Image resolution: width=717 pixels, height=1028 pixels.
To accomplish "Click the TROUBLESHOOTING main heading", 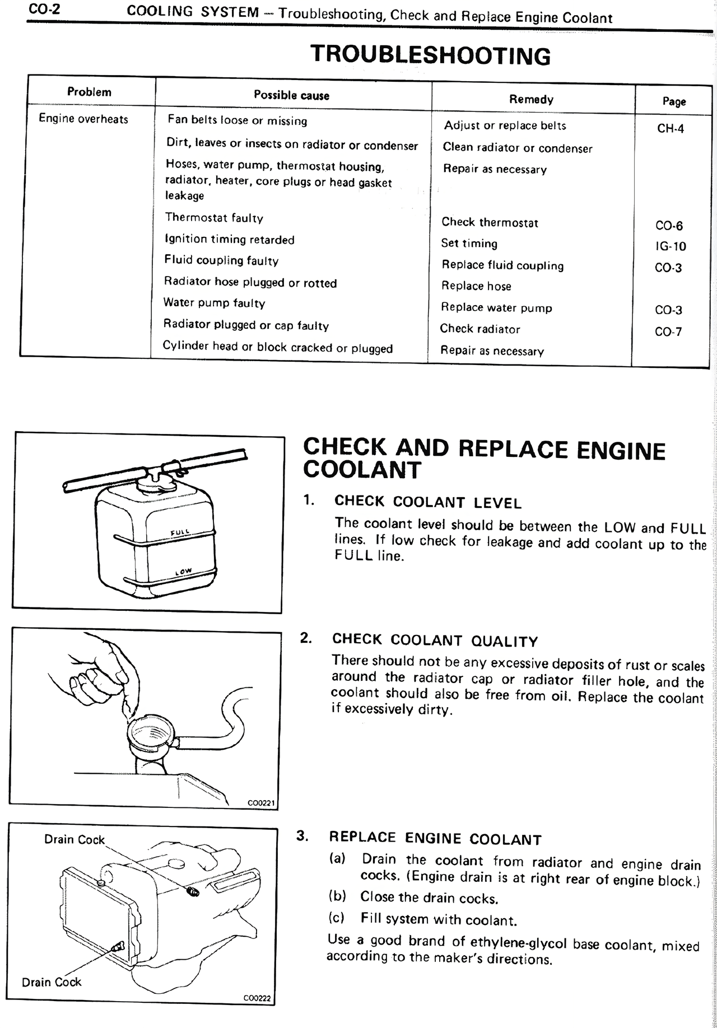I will (x=430, y=55).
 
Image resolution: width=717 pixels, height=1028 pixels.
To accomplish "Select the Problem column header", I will (x=89, y=92).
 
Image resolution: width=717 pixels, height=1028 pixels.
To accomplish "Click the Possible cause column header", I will (x=291, y=95).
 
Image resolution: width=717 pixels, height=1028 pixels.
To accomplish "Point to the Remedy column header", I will (x=531, y=99).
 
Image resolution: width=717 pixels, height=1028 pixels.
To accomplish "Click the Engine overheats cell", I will (x=83, y=119).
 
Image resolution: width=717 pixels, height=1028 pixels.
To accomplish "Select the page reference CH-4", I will (x=671, y=128).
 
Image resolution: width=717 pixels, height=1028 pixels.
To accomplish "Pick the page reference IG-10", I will (x=671, y=246).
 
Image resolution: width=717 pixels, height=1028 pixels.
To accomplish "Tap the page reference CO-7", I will (x=668, y=331).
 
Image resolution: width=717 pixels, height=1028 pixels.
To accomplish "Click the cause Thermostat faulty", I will (x=214, y=218).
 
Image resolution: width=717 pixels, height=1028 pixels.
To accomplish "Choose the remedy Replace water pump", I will (x=496, y=307).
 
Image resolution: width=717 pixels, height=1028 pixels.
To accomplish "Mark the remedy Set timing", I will (x=469, y=244).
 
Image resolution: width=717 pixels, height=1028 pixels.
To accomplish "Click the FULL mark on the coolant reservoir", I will (x=180, y=531).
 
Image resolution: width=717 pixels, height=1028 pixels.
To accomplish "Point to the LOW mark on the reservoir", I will (x=183, y=572).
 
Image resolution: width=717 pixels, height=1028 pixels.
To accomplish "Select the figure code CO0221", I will (x=261, y=803).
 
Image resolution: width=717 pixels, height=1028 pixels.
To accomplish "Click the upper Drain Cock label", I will (x=75, y=839).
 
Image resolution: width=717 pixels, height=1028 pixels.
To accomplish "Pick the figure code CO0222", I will (x=257, y=998).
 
